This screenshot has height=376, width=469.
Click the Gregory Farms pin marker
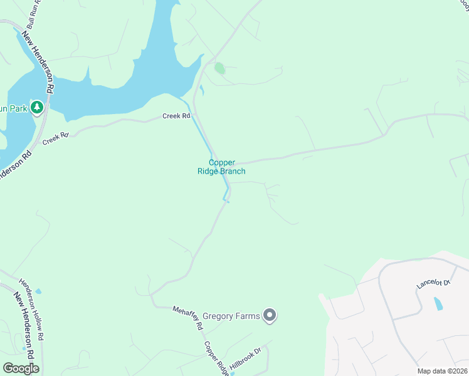(x=270, y=315)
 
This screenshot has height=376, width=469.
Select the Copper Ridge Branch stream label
(x=227, y=167)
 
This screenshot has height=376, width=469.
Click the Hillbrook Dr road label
(x=245, y=359)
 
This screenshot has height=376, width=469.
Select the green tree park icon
(x=38, y=108)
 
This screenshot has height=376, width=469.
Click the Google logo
(x=21, y=368)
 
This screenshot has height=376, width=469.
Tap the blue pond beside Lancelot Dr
(x=438, y=305)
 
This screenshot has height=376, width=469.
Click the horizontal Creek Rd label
(x=176, y=116)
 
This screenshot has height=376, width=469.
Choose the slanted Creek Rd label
(x=55, y=138)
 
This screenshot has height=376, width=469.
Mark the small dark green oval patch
(x=219, y=68)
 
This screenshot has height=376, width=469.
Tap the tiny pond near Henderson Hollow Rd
(x=39, y=291)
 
